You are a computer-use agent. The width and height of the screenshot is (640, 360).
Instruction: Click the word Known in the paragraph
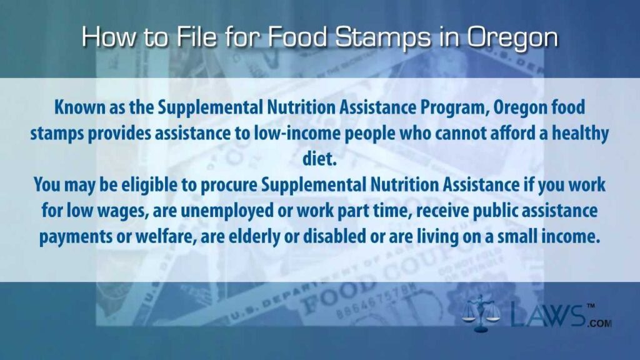(x=79, y=107)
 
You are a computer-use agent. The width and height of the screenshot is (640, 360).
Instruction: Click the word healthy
(x=580, y=134)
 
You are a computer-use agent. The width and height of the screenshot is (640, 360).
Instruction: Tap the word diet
(x=319, y=159)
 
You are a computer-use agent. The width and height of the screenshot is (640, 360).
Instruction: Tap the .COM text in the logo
(x=599, y=323)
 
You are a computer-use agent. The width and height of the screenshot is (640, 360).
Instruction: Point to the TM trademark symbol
(x=591, y=305)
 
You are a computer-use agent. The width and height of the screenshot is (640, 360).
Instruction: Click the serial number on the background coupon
(x=376, y=301)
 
